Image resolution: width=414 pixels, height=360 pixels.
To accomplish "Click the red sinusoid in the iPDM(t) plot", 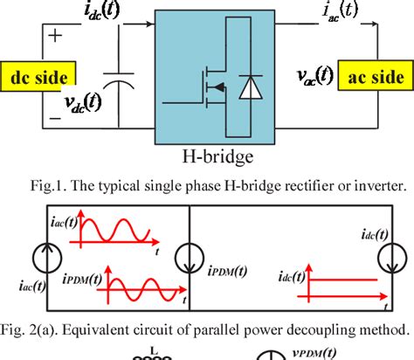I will point(139,286).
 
